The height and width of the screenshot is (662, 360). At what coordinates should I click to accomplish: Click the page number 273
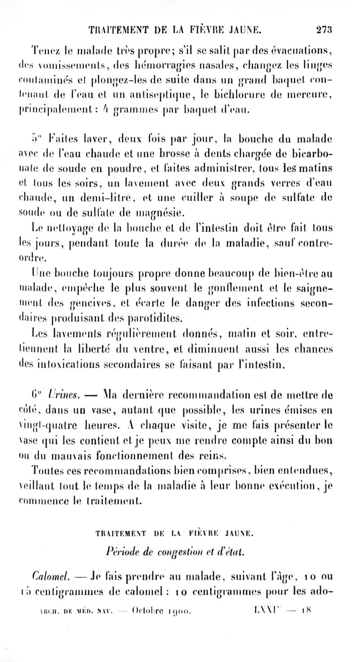coord(324,30)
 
